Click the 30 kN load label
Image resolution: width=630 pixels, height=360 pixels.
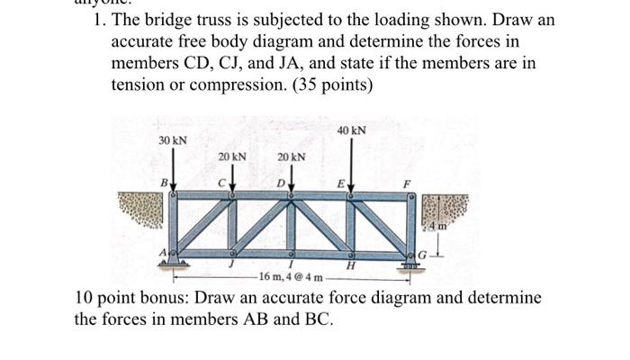[x=172, y=140]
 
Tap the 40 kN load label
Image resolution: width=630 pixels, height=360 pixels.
[x=352, y=130]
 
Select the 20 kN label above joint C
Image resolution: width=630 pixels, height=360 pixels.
[x=232, y=157]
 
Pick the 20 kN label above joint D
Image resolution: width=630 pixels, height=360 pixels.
[x=291, y=157]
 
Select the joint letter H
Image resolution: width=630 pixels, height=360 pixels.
[x=350, y=265]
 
